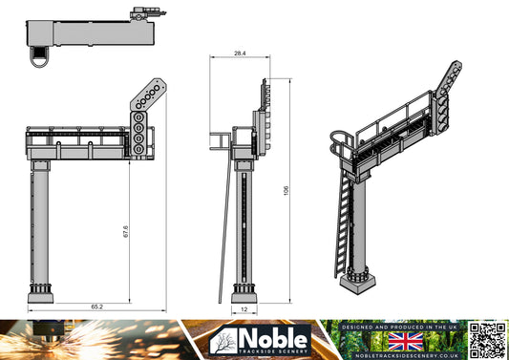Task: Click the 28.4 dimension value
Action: (x=240, y=54)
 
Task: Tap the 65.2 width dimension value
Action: (x=97, y=307)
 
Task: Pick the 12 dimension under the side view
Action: (x=244, y=310)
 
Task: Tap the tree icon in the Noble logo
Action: (x=226, y=341)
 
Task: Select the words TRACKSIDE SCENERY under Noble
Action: (x=273, y=352)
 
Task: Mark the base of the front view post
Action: (x=42, y=291)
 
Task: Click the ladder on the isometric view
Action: (x=341, y=224)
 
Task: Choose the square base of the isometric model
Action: (x=361, y=279)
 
